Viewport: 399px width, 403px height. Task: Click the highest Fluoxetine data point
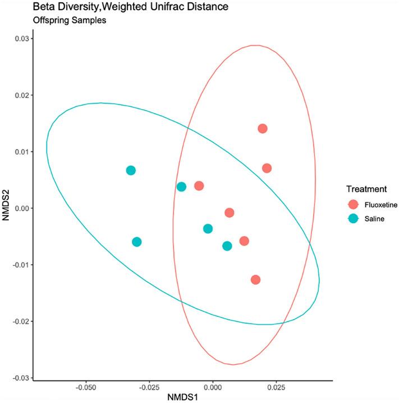pyautogui.click(x=262, y=129)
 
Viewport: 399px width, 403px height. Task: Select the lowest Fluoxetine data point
pyautogui.click(x=255, y=280)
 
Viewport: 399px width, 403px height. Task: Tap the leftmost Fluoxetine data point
pyautogui.click(x=199, y=185)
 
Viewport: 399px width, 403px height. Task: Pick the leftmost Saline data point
pyautogui.click(x=131, y=170)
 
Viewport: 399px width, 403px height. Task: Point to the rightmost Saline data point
pyautogui.click(x=227, y=246)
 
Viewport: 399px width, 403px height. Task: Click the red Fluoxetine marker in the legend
pyautogui.click(x=352, y=205)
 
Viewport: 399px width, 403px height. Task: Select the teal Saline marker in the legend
pyautogui.click(x=352, y=219)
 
